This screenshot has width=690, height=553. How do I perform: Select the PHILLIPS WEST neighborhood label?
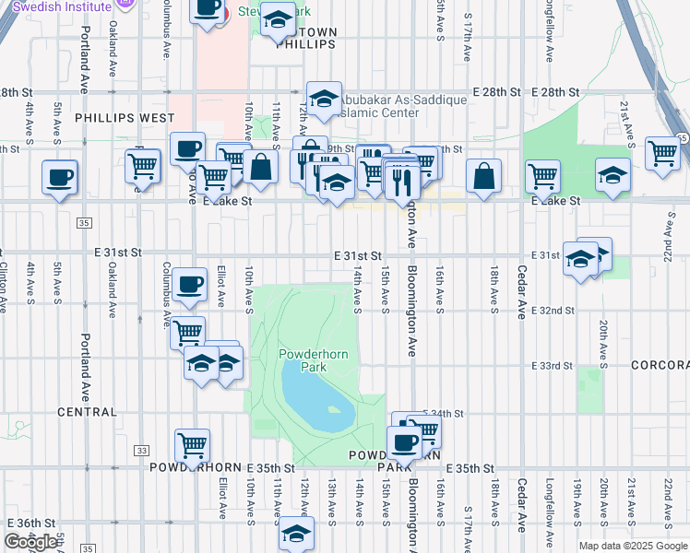[124, 118]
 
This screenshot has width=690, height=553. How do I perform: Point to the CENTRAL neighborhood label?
[87, 412]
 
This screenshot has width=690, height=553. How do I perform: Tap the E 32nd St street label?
[553, 311]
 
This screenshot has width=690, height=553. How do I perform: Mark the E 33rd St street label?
[553, 366]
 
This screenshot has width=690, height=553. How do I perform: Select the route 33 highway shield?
[141, 450]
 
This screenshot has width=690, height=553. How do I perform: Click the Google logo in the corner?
[30, 542]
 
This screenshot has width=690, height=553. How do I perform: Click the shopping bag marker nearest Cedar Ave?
[483, 176]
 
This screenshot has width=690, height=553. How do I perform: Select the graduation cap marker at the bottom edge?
[295, 534]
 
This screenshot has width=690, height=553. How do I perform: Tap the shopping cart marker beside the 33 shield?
[192, 445]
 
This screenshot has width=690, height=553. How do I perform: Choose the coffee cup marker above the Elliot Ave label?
[190, 285]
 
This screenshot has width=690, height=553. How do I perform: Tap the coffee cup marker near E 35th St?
[402, 444]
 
